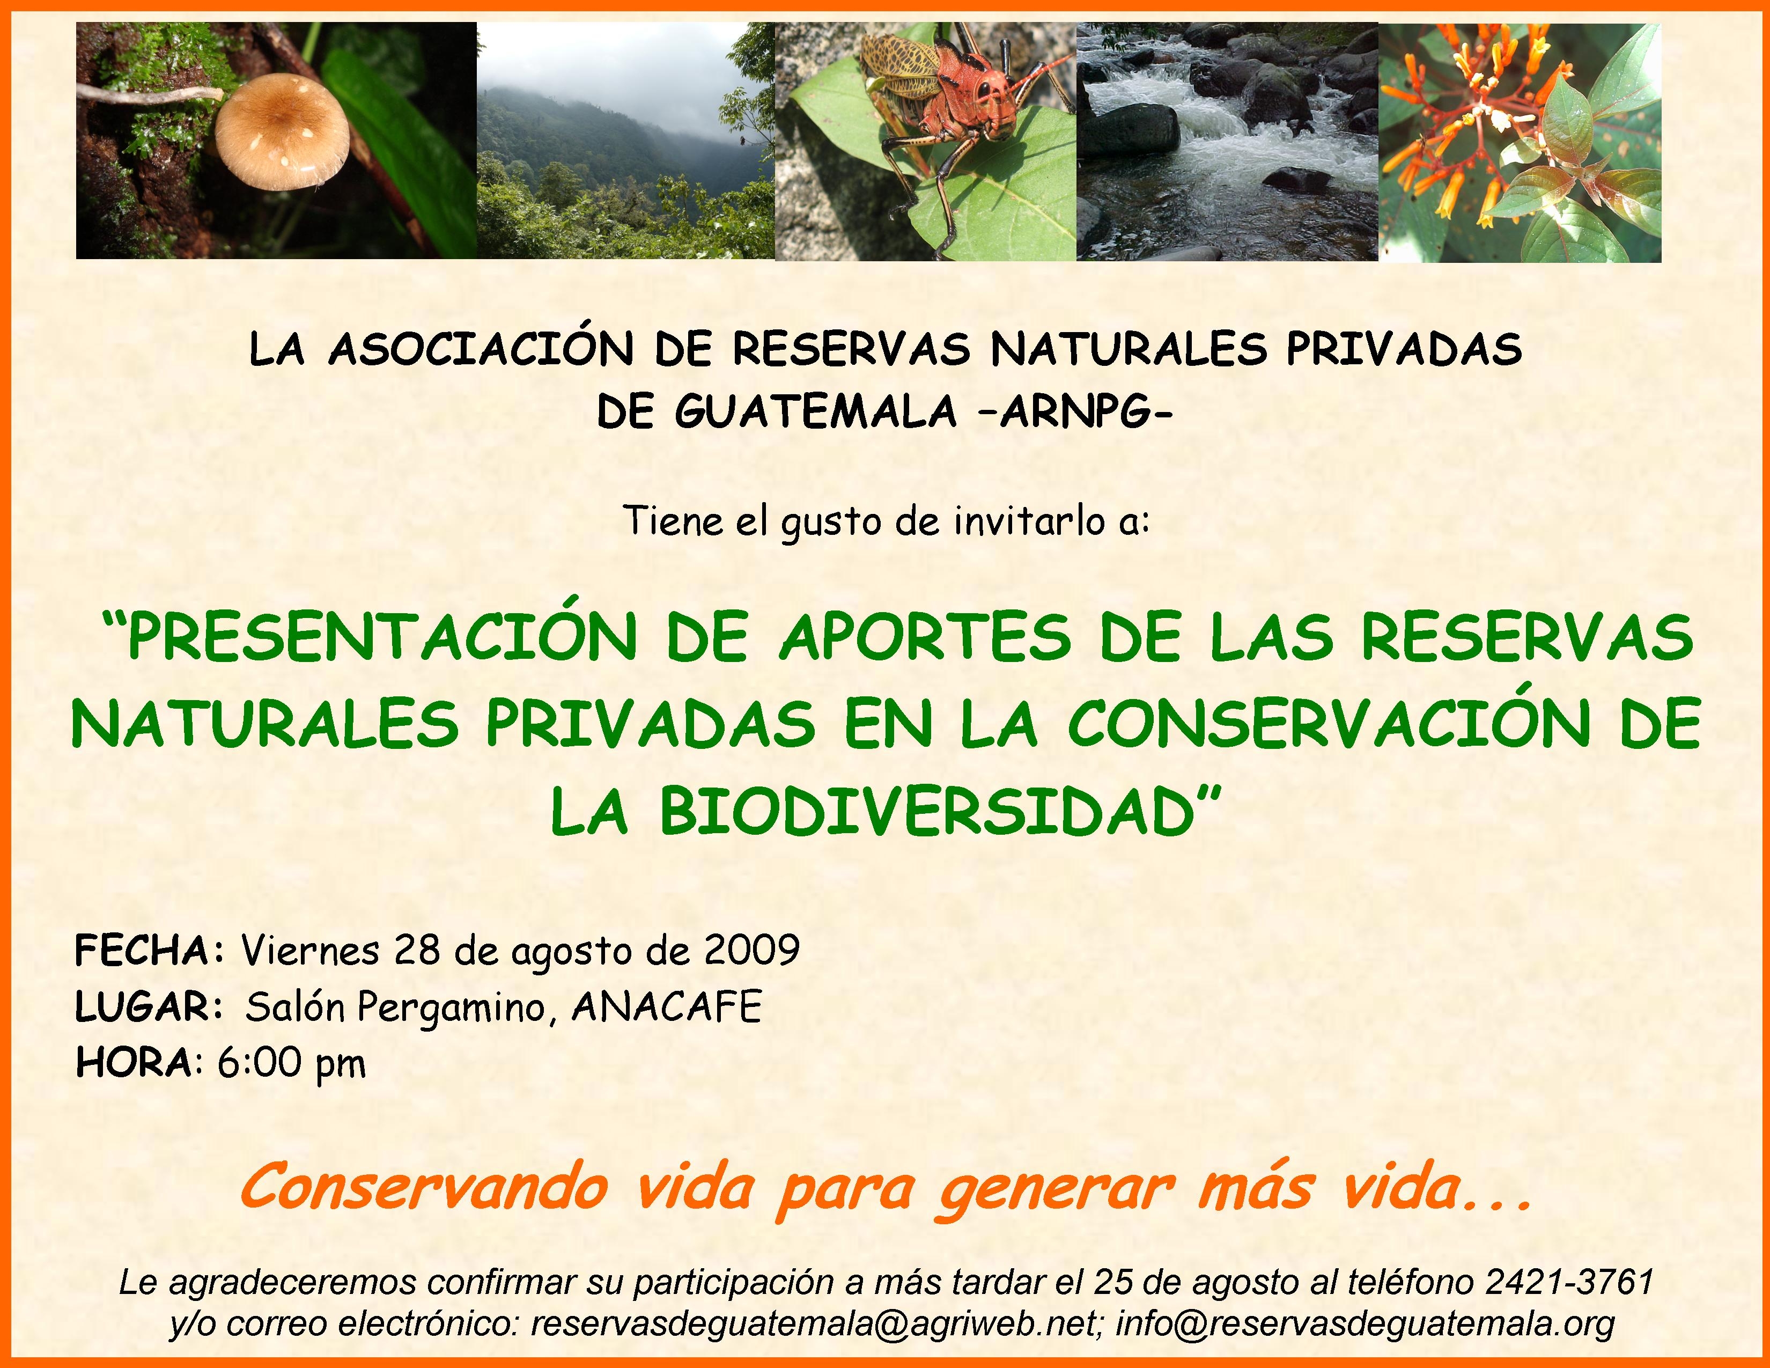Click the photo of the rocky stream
(1227, 142)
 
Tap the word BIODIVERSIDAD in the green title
(927, 812)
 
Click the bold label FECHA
(141, 951)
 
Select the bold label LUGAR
(143, 1007)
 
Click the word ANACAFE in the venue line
(667, 1007)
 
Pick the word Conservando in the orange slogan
(424, 1187)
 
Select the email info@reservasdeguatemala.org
(1366, 1324)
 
